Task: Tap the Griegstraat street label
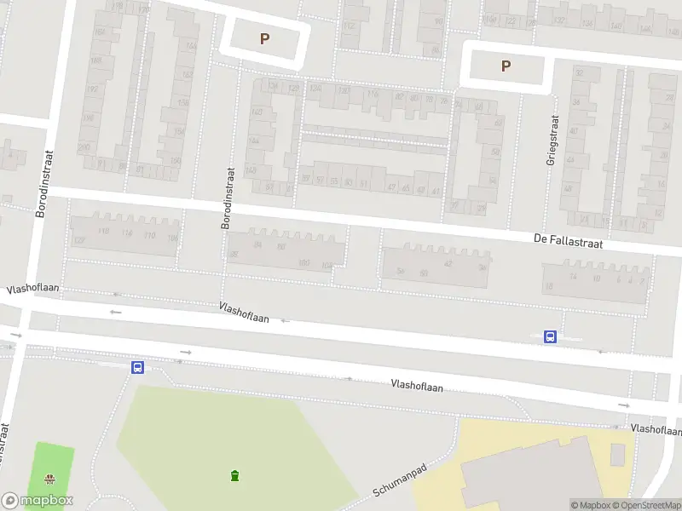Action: pos(553,140)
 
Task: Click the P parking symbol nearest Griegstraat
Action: pos(506,66)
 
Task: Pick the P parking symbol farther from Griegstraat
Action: pos(264,38)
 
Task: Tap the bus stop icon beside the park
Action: pos(137,367)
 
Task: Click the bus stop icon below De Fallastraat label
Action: pos(551,336)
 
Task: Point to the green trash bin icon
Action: pos(234,475)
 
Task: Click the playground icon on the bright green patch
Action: pos(49,479)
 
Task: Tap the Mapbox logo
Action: pos(38,501)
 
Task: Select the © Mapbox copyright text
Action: pos(590,505)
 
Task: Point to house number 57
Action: pos(321,181)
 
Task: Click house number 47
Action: pos(391,187)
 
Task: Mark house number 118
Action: pos(105,232)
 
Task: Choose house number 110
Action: pos(150,235)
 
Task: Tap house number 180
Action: pos(303,262)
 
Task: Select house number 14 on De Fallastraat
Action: pos(574,277)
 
